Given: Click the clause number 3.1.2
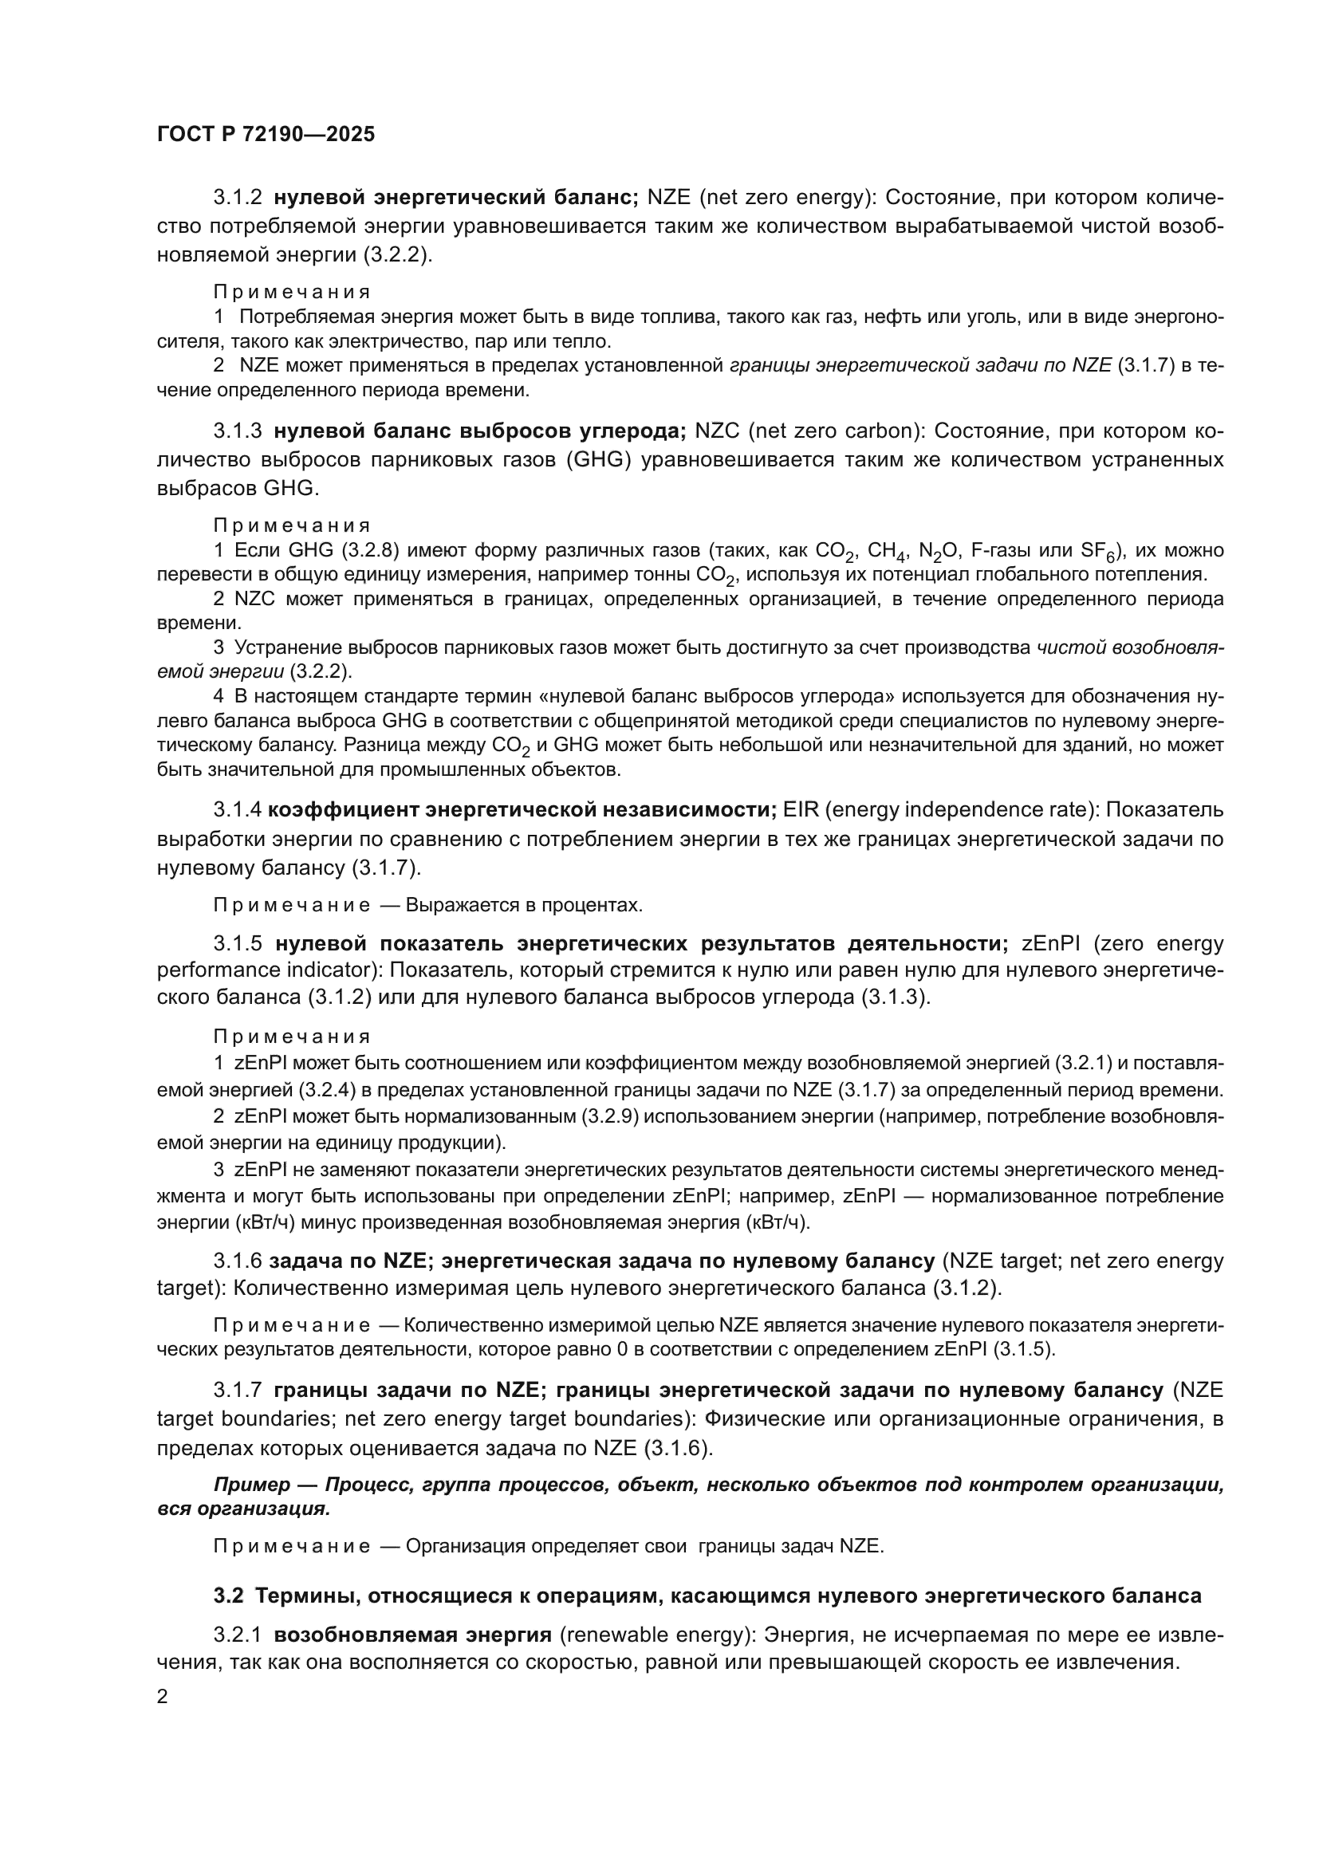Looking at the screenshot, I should (237, 198).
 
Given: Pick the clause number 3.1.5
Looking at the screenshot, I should (237, 943).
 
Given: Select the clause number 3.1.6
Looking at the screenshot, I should (237, 1261).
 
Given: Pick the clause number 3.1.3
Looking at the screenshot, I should (237, 431).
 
